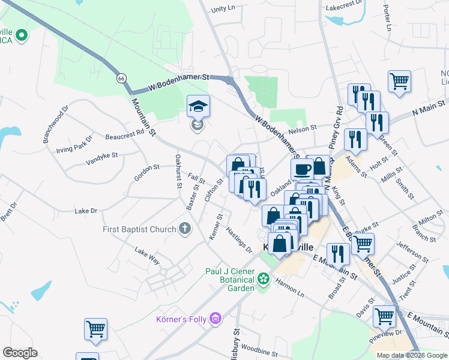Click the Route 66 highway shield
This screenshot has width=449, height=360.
[x=122, y=79]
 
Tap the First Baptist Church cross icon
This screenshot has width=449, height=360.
[x=185, y=229]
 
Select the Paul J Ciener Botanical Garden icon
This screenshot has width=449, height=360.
[x=263, y=279]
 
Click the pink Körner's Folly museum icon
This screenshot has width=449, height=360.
[x=215, y=319]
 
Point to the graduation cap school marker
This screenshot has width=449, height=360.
[x=199, y=107]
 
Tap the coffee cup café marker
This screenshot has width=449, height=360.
[x=303, y=169]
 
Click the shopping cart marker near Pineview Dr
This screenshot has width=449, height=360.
[x=384, y=316]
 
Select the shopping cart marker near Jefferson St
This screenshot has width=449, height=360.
[x=363, y=244]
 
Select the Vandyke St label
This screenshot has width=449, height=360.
[x=101, y=158]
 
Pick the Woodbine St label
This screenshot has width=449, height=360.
[x=259, y=349]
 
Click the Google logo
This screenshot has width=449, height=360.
[x=20, y=353]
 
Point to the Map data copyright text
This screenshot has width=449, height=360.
[x=411, y=355]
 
